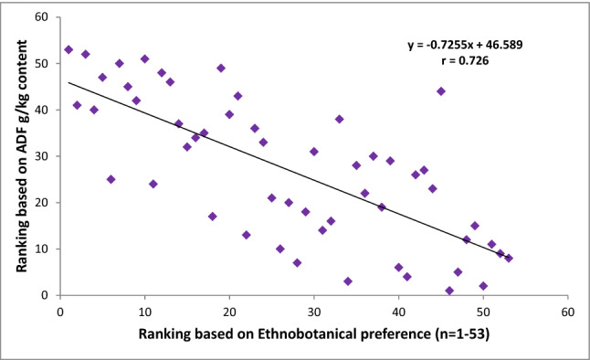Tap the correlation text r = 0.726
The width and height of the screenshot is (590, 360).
465,62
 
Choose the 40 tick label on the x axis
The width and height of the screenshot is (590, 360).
398,311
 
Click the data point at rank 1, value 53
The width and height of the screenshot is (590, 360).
68,49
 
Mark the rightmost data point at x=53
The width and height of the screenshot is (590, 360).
509,258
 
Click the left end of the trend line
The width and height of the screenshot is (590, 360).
68,82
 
